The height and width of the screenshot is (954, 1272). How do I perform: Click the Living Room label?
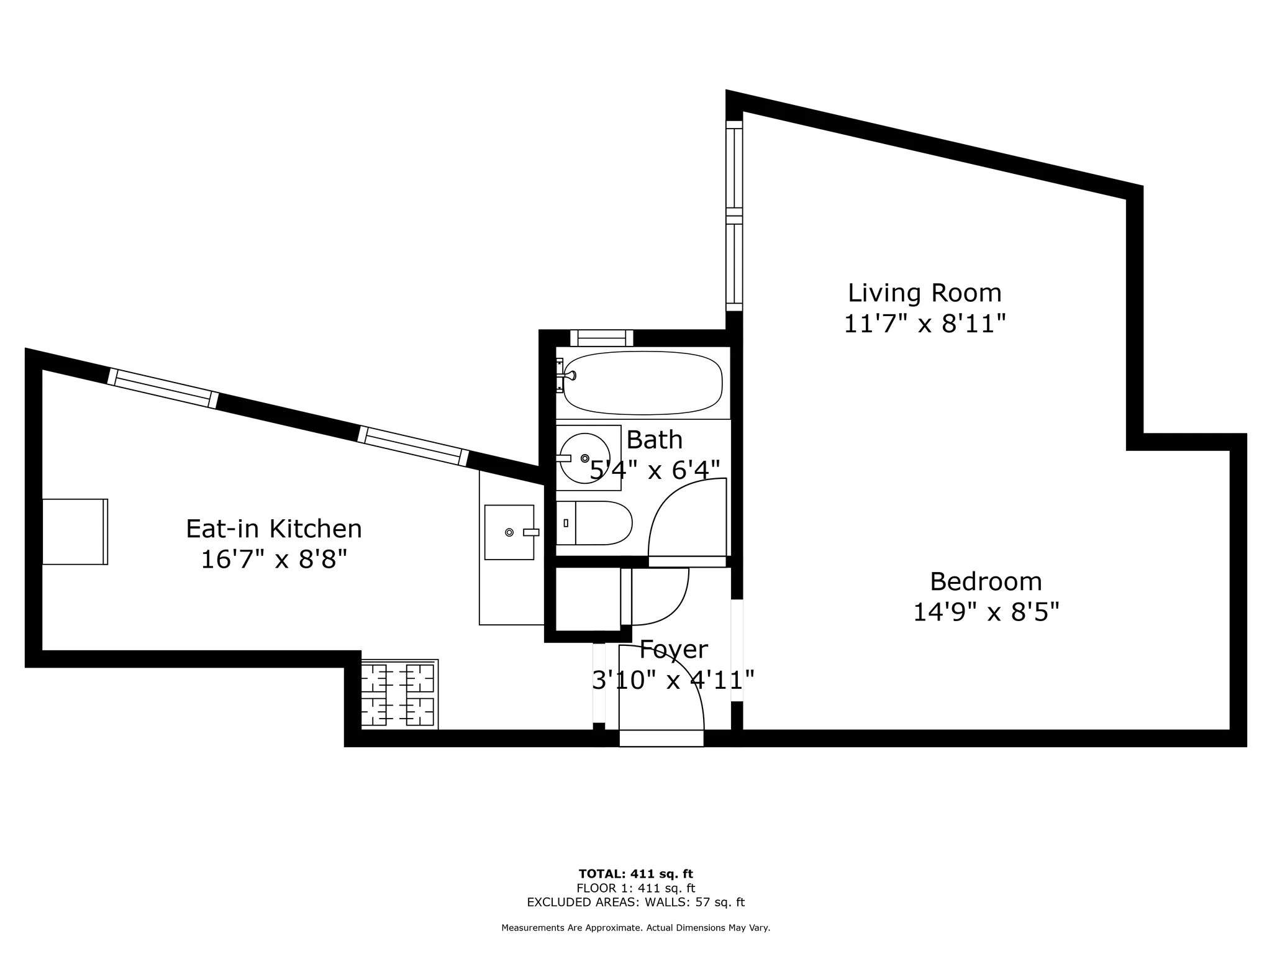tap(924, 293)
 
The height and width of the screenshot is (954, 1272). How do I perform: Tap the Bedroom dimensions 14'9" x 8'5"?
tap(985, 613)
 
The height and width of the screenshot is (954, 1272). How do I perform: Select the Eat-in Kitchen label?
tap(274, 529)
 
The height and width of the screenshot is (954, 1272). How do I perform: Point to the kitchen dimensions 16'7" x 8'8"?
tap(274, 560)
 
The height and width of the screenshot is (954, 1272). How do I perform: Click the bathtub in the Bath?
tap(643, 383)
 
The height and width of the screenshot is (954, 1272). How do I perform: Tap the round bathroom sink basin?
tap(584, 458)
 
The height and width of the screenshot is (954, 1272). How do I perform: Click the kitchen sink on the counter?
tap(509, 532)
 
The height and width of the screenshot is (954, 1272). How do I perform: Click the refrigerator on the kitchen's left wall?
tap(75, 532)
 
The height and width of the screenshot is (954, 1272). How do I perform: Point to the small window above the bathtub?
tap(601, 338)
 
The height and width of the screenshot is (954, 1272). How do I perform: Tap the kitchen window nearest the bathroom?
tap(412, 445)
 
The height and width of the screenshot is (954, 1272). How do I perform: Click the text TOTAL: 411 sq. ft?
tap(635, 874)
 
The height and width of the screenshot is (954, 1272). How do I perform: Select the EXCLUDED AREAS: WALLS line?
tap(635, 902)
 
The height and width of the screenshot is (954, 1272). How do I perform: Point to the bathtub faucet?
tap(568, 375)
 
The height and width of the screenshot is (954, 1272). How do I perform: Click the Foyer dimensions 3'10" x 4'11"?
tap(673, 680)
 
